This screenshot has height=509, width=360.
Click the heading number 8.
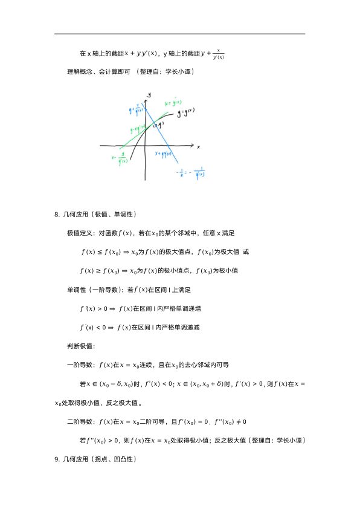click(x=57, y=214)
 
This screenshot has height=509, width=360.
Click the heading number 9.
click(x=57, y=459)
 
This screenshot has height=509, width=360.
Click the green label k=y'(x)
click(x=174, y=102)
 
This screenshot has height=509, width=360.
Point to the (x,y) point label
click(x=158, y=125)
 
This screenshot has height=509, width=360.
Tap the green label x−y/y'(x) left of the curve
click(x=120, y=160)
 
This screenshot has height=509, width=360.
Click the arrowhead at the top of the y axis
click(x=146, y=96)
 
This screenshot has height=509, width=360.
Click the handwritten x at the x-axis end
click(x=198, y=147)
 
